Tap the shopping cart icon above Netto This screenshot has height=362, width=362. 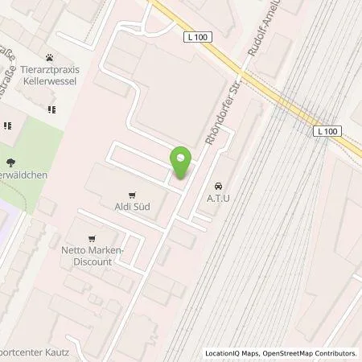coord(93,237)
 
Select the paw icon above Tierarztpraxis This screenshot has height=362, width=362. coord(51,58)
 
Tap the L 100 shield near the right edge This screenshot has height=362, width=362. coord(327,131)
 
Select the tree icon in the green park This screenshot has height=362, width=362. coord(9,162)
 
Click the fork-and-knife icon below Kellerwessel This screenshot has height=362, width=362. coord(51,109)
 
